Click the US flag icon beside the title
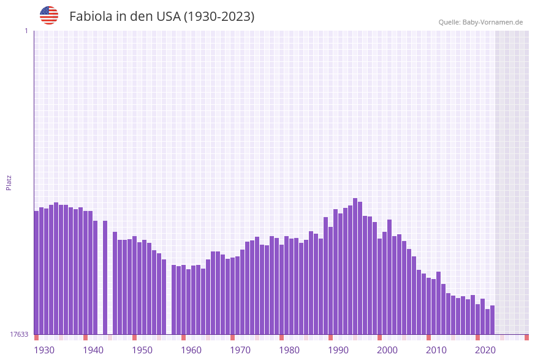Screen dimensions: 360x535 pos(49,15)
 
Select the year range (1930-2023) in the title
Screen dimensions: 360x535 pos(219,17)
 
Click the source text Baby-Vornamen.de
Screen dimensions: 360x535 pos(493,22)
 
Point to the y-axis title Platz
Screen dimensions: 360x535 pos(9,182)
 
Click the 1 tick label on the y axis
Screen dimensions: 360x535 pos(26,31)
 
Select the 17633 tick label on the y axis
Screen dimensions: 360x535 pos(19,334)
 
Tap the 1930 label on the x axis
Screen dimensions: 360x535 pos(44,350)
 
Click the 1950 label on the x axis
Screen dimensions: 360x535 pos(142,350)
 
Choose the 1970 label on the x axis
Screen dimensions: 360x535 pos(240,350)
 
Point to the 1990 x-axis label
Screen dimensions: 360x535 pos(338,350)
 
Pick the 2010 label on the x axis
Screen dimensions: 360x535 pos(436,350)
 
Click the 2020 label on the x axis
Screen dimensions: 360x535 pos(485,350)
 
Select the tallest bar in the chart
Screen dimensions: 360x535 pos(355,266)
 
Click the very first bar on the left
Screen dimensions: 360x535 pos(37,273)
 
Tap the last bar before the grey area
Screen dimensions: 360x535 pos(492,320)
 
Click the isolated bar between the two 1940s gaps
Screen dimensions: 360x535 pos(105,277)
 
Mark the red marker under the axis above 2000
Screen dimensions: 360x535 pos(379,337)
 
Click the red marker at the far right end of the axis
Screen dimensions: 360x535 pos(526,337)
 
